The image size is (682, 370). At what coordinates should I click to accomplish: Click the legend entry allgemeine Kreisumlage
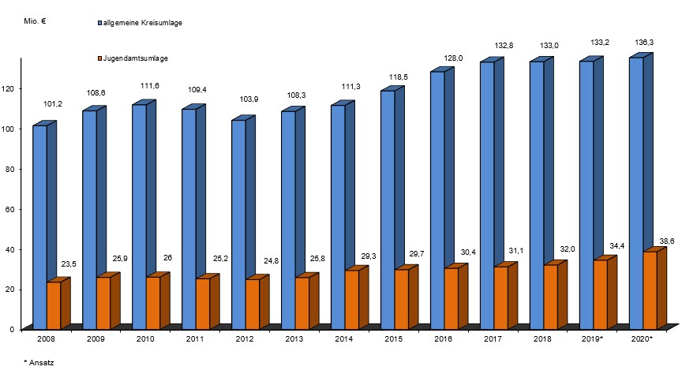(141, 24)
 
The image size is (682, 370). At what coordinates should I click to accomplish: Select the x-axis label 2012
(245, 338)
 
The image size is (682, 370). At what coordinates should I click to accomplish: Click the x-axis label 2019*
(592, 338)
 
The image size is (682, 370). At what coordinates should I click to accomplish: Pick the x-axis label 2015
(394, 338)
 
